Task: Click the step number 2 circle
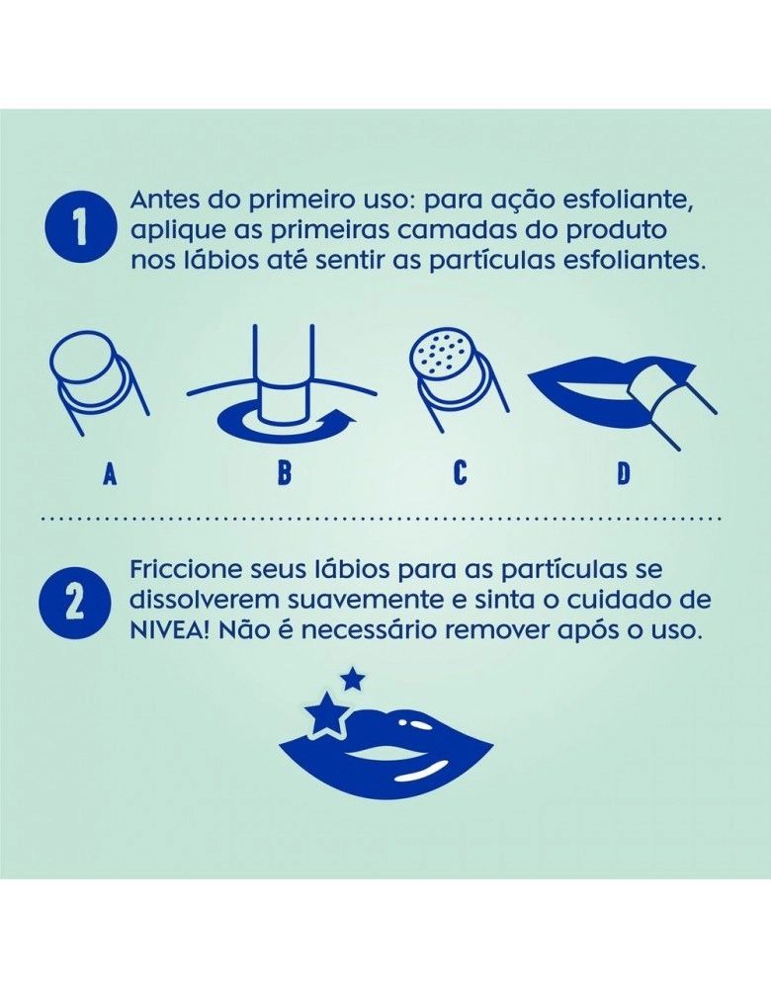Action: click(75, 601)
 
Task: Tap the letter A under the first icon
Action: click(110, 473)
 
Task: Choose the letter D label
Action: click(623, 473)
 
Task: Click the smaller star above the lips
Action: click(353, 680)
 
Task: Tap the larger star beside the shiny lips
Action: click(326, 714)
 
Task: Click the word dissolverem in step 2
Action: click(203, 600)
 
